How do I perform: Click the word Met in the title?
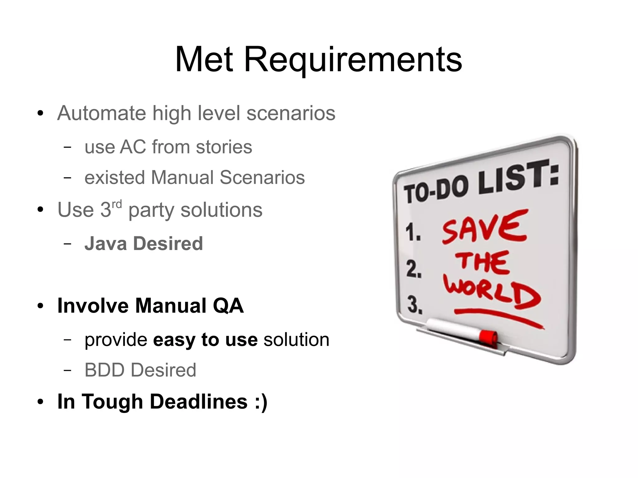(x=204, y=60)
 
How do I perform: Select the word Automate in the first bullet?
(x=101, y=113)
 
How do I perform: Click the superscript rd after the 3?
(x=117, y=205)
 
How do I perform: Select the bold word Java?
(x=105, y=244)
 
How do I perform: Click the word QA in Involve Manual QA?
(x=228, y=306)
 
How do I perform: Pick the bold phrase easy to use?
(x=205, y=339)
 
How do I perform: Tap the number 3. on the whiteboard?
(x=415, y=305)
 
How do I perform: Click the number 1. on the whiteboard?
(x=413, y=233)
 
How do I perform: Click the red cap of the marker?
(x=488, y=338)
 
